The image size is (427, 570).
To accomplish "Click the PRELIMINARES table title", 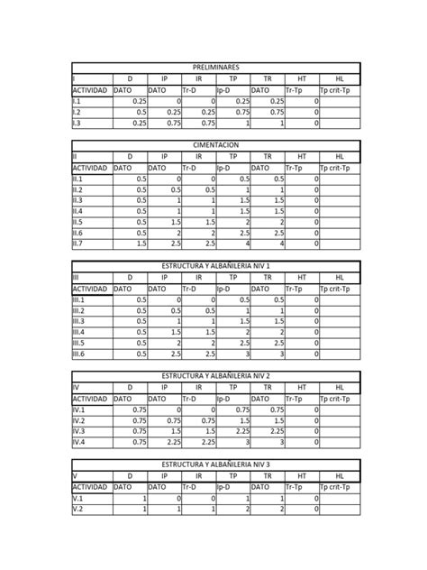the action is click(x=215, y=69).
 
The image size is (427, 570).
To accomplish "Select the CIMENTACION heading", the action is click(x=215, y=145).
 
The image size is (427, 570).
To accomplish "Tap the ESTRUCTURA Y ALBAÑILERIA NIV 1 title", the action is click(x=215, y=266).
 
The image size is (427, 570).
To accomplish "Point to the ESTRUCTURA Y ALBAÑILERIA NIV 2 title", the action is click(x=215, y=375).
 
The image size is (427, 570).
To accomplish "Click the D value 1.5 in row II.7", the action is click(x=141, y=244).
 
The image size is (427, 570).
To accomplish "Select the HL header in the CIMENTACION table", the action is click(x=339, y=156).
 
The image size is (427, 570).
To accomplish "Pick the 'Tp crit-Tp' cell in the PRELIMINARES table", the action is click(x=339, y=90).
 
